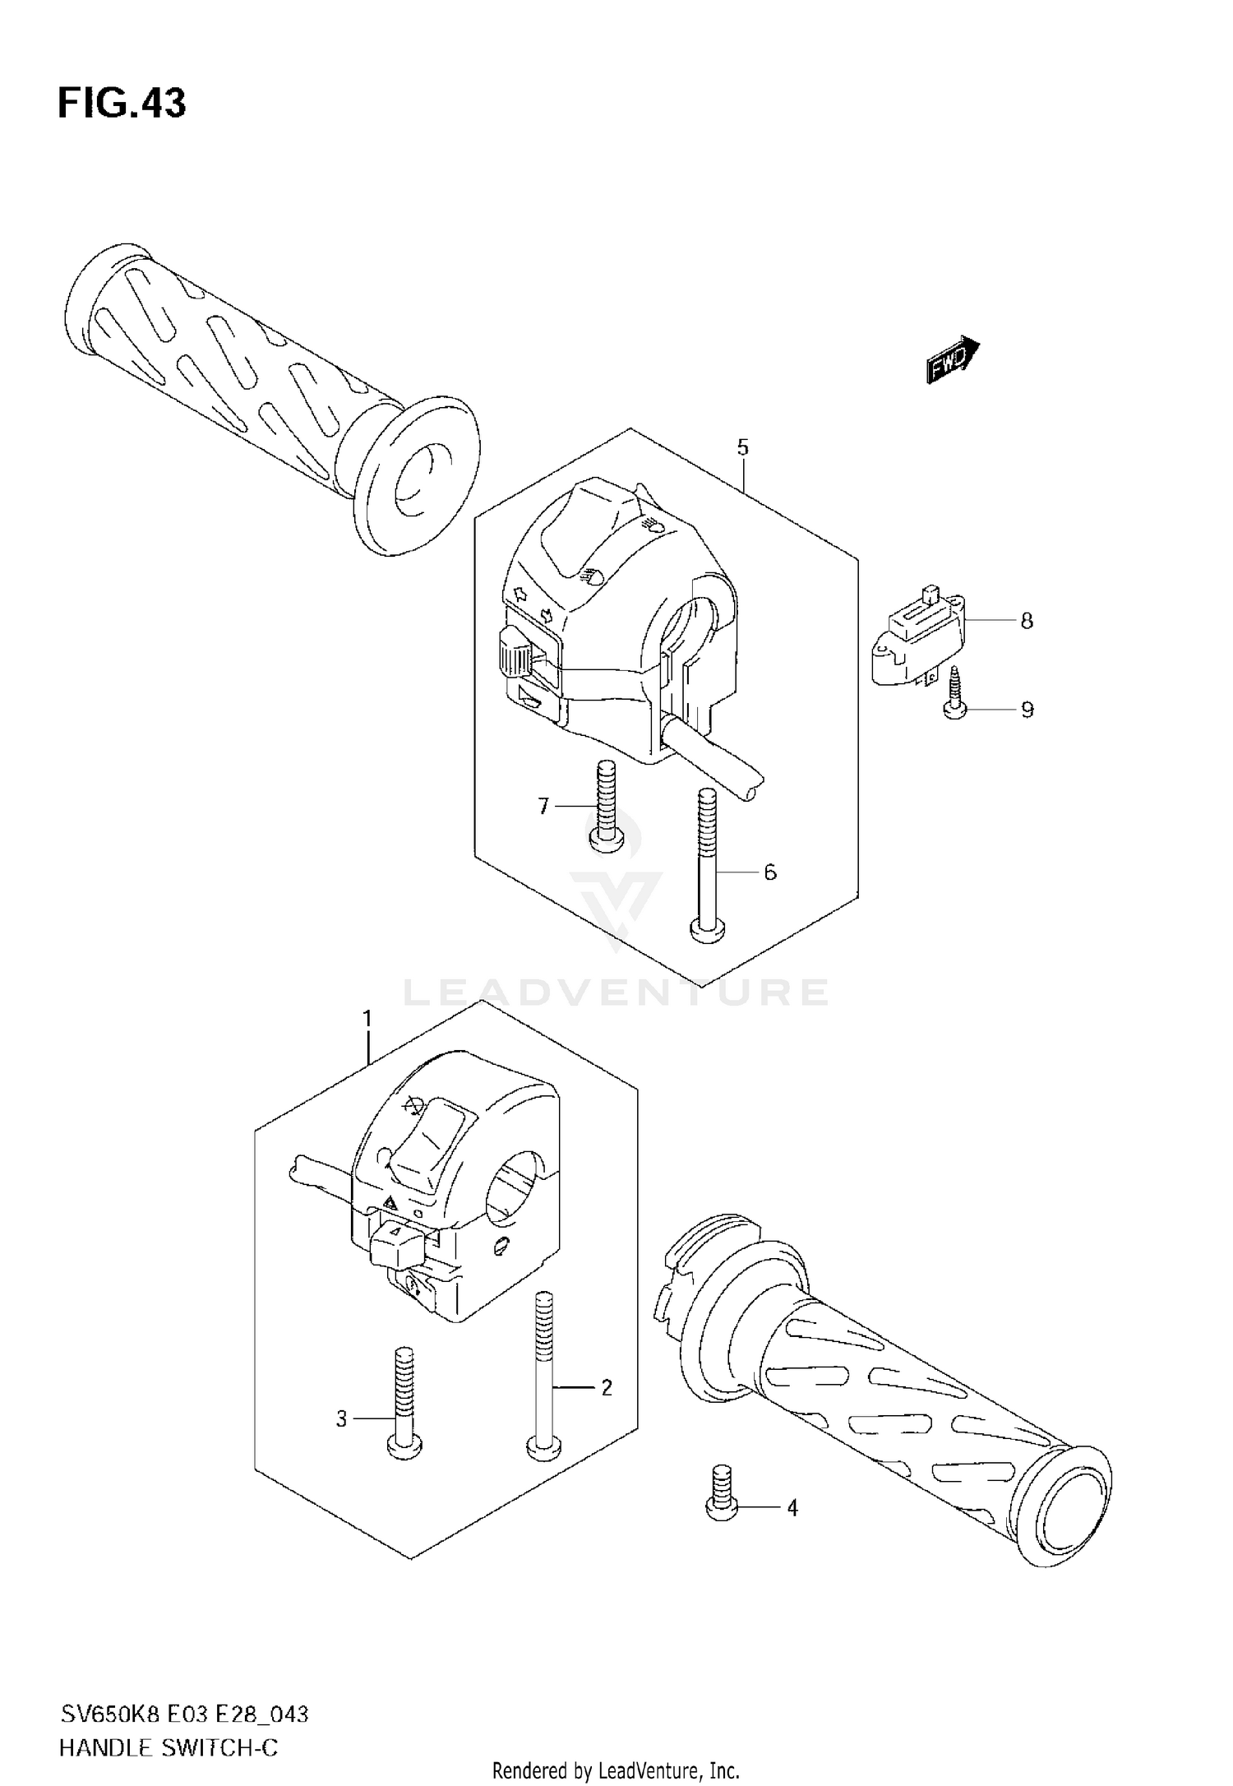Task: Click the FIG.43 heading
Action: [x=122, y=104]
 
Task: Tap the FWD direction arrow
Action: [x=952, y=360]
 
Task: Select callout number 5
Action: [x=742, y=448]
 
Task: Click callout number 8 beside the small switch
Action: [x=1026, y=622]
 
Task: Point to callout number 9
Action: [x=1027, y=710]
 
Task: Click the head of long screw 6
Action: [x=707, y=929]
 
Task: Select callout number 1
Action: [x=367, y=1020]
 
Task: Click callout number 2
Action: [x=607, y=1388]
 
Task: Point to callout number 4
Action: [x=792, y=1508]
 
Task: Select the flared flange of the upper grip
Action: [x=418, y=479]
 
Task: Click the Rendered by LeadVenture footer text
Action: [x=616, y=1770]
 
